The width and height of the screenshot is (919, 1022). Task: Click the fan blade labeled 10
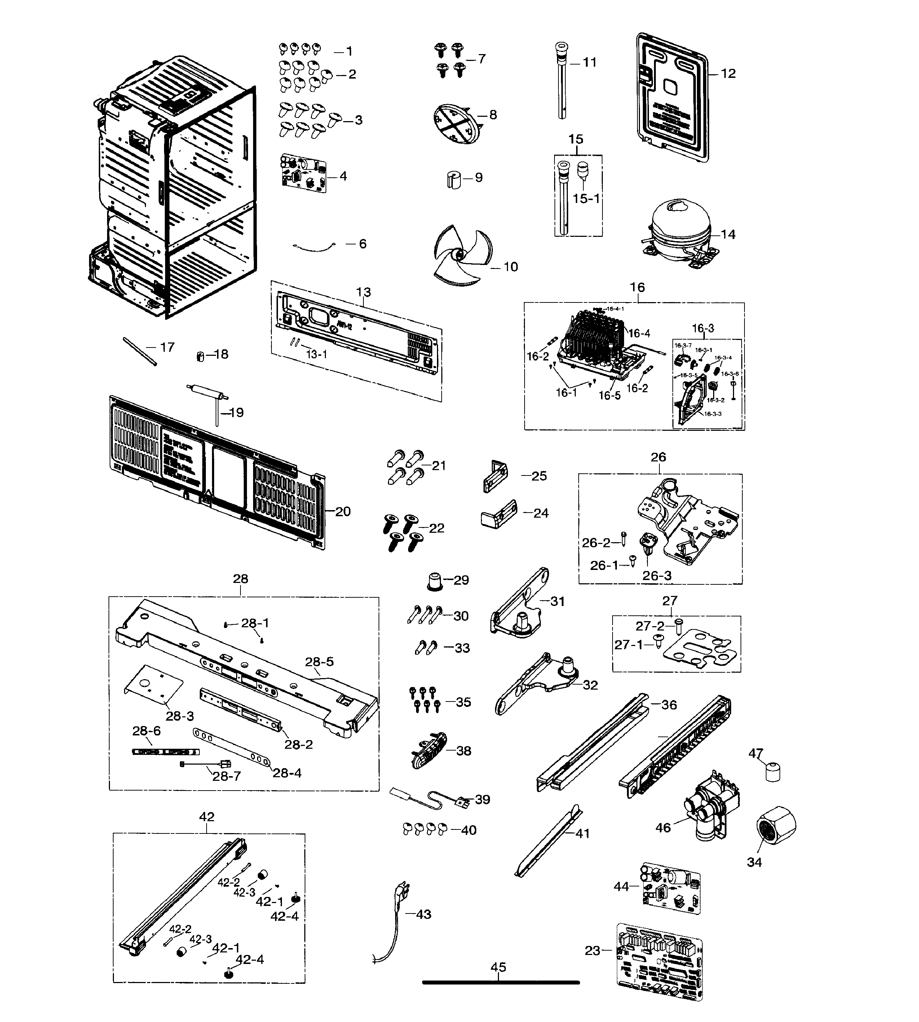pyautogui.click(x=460, y=257)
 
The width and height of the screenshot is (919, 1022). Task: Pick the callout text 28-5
pyautogui.click(x=319, y=662)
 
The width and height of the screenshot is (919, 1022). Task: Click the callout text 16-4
pyautogui.click(x=639, y=333)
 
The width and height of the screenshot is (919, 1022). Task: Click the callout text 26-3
pyautogui.click(x=657, y=576)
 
